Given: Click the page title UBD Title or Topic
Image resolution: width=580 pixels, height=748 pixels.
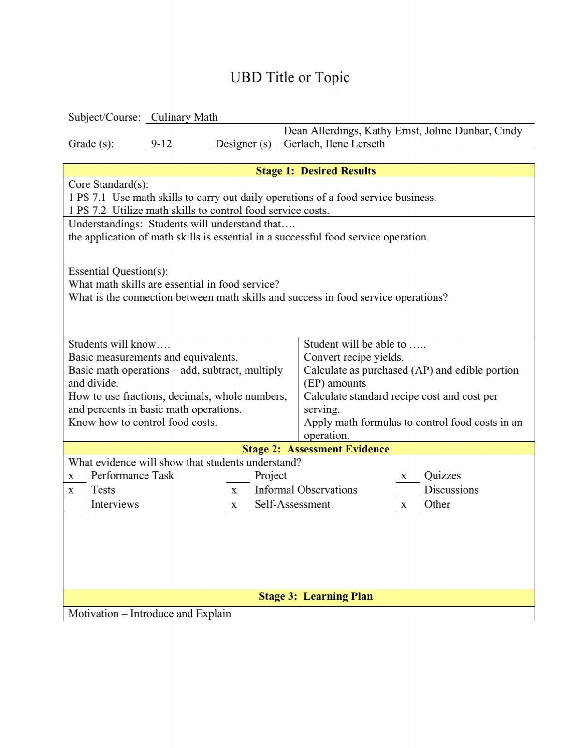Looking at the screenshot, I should coord(290,77).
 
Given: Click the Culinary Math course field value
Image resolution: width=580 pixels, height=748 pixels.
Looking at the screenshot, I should coord(184,117).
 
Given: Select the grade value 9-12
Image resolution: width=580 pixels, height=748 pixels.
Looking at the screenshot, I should coord(161,144).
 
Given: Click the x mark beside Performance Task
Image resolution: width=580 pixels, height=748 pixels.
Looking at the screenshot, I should coord(71,476).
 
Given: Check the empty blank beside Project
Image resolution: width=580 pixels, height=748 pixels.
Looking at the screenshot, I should coord(238,476).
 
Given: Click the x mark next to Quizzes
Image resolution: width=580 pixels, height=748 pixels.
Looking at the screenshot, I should coord(404,476).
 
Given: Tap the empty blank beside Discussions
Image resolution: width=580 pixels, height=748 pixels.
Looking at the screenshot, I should coord(407,491).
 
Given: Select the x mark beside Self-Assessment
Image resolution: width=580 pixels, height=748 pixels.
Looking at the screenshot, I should coord(234,505).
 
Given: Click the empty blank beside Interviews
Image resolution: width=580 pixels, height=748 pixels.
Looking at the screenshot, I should coord(75,505).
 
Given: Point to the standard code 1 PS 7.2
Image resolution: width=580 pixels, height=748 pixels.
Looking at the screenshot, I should coord(87,211).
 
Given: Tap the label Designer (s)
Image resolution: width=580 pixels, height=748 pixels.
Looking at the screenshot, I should coord(243,144).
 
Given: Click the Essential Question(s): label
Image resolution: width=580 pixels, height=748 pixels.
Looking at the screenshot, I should coord(118,271).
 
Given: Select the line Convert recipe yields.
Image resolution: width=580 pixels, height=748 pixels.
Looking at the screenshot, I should coord(353,357).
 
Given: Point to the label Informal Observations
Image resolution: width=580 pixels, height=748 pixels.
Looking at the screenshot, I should coord(305,490).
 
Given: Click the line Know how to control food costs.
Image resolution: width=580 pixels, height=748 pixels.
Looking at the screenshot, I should coord(143,423).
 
